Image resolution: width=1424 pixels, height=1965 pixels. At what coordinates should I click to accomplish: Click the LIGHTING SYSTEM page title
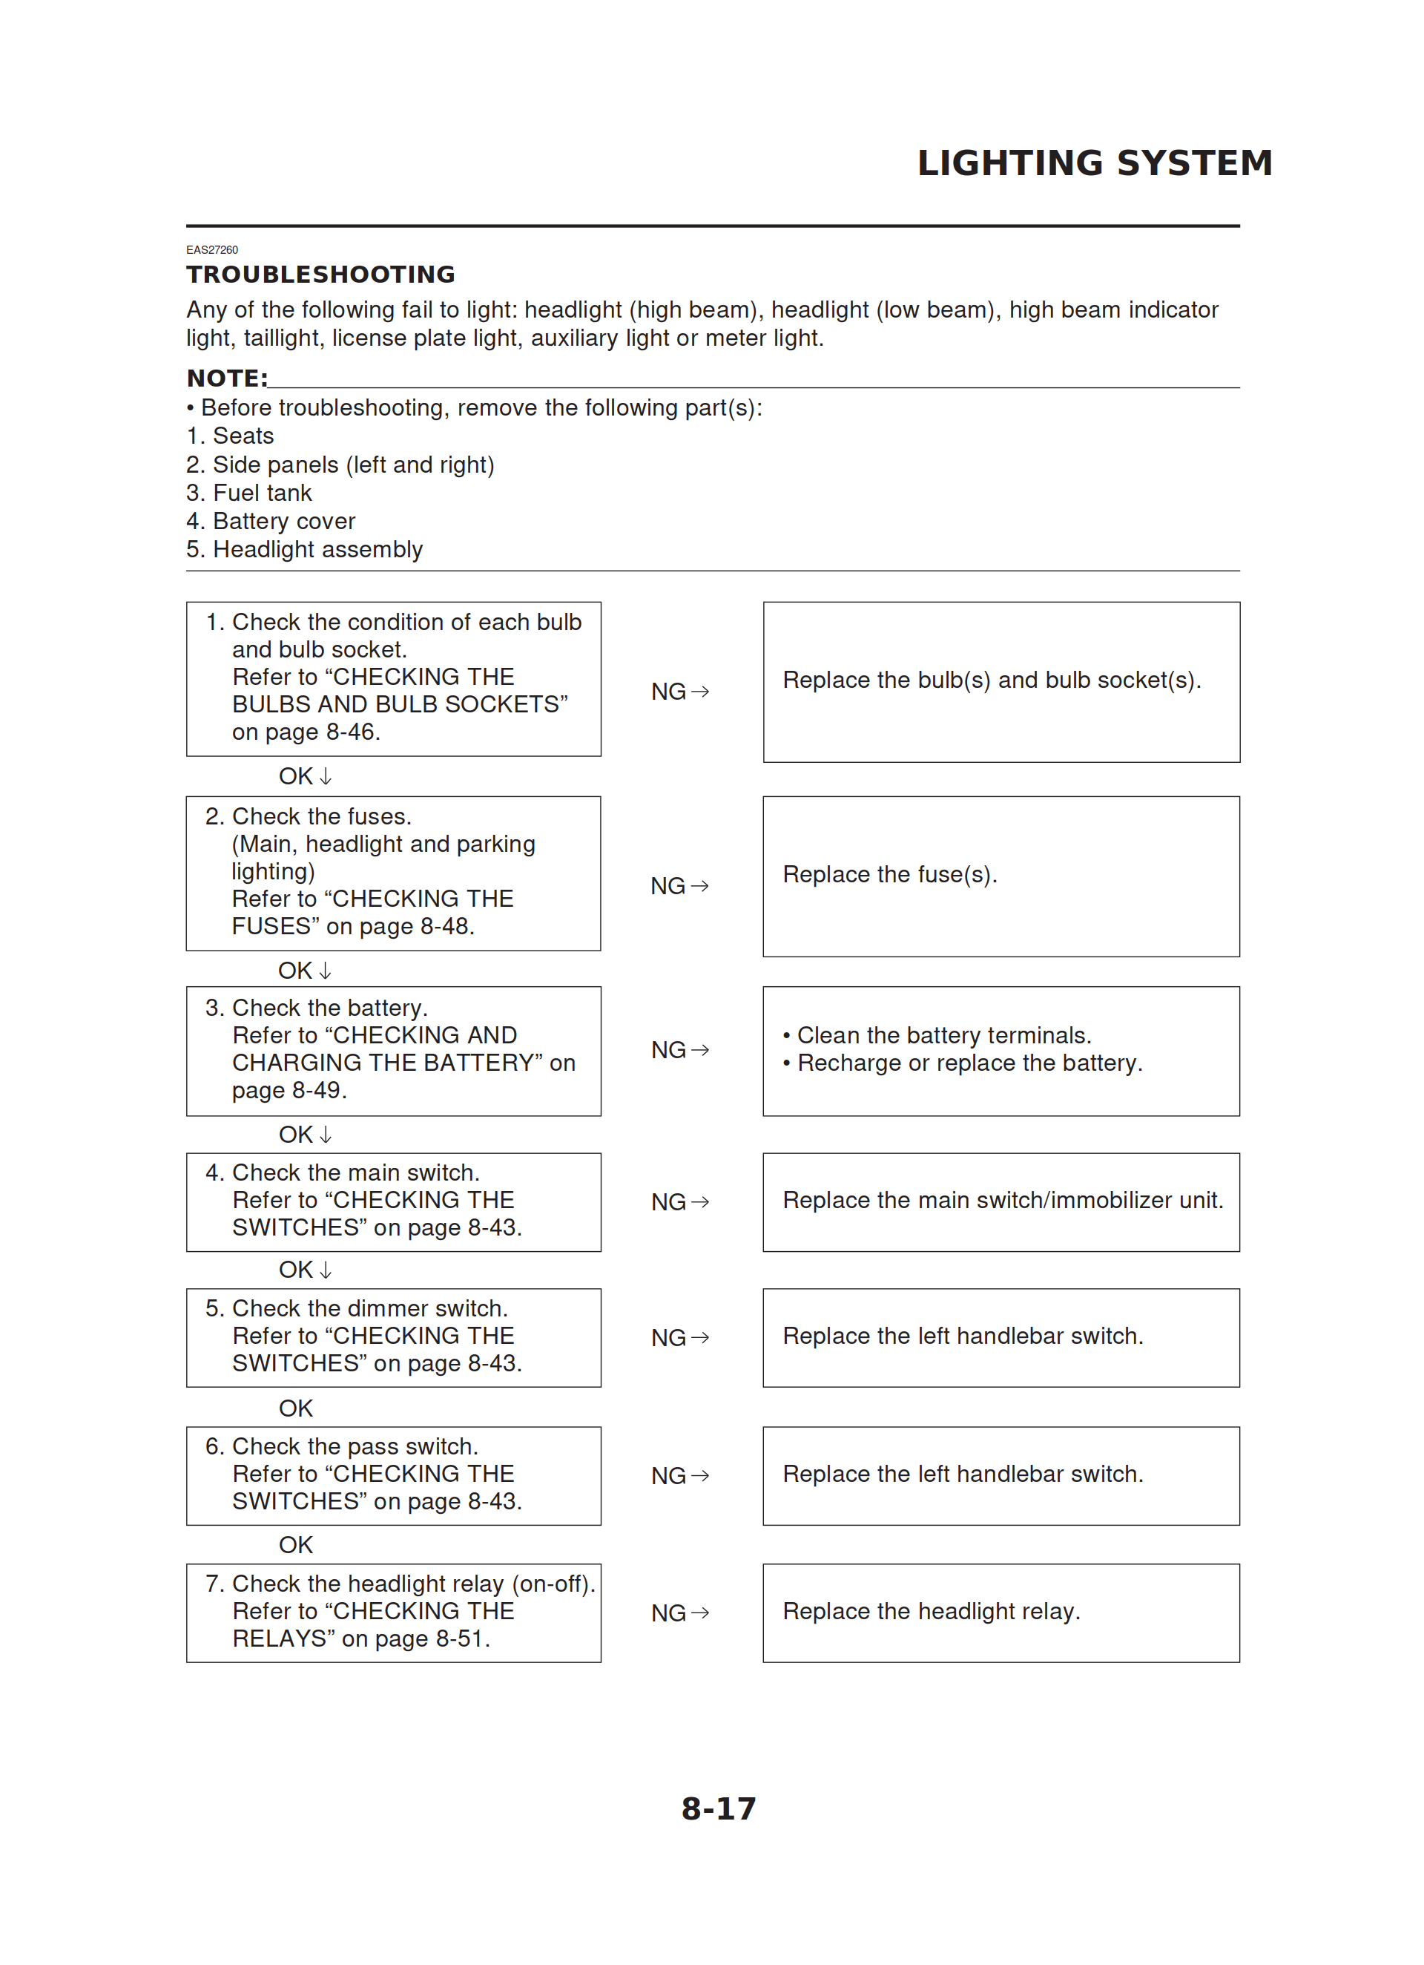tap(1094, 163)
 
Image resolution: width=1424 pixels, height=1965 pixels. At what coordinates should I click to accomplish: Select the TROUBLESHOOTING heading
tap(320, 275)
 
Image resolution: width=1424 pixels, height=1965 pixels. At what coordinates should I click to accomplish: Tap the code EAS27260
tap(212, 249)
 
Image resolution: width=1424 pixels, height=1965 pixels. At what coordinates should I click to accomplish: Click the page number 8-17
tap(718, 1808)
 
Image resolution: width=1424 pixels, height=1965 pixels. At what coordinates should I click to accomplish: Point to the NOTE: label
tap(227, 378)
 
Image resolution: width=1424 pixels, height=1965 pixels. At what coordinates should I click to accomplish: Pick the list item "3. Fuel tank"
tap(248, 493)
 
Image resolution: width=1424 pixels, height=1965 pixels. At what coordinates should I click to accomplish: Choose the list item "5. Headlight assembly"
tap(304, 549)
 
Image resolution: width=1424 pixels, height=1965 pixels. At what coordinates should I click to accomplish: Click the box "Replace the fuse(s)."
tap(1001, 876)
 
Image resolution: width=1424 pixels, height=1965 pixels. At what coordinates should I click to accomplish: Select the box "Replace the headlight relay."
tap(1001, 1613)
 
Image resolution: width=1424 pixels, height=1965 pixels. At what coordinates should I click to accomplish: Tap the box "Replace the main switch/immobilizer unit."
tap(1001, 1201)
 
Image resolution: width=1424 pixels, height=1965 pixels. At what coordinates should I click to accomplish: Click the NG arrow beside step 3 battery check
tap(680, 1050)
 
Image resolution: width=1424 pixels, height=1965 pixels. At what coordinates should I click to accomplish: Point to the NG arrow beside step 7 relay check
tap(680, 1613)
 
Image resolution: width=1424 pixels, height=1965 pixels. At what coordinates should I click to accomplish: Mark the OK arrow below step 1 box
tap(305, 776)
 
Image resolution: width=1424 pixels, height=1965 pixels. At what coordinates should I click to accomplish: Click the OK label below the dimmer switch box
tap(295, 1408)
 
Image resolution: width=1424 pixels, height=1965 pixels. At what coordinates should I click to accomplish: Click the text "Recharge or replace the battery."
tap(969, 1063)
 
